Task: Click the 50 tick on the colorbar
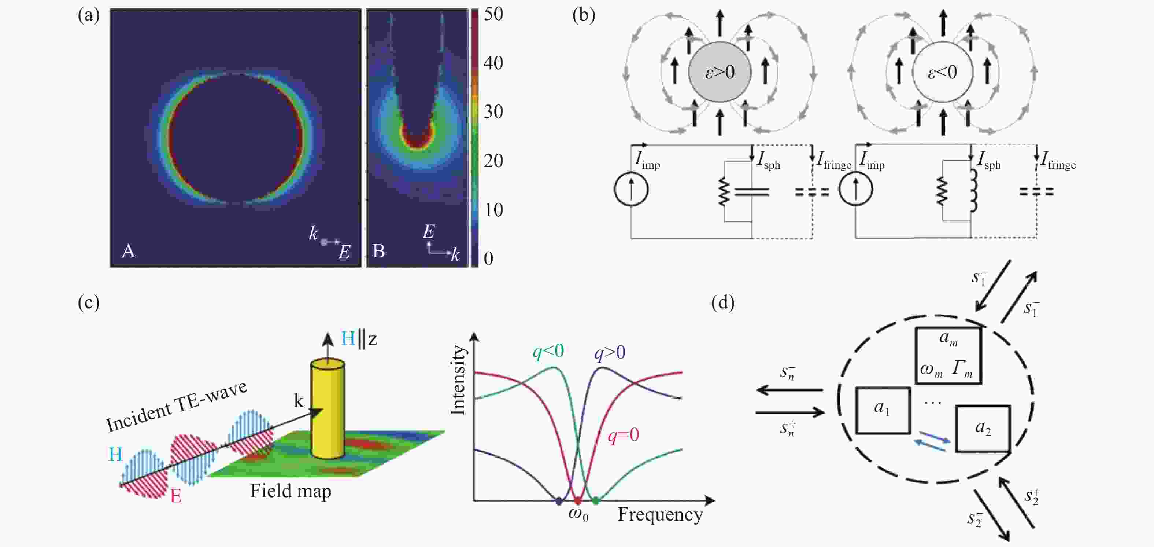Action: tap(493, 14)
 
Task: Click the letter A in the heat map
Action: tap(129, 251)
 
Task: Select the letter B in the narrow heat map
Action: tap(378, 251)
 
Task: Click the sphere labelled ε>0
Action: tap(720, 72)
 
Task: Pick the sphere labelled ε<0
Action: tap(943, 72)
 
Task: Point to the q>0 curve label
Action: tap(610, 353)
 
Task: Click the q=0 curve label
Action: tap(623, 435)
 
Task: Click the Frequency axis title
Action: tap(660, 515)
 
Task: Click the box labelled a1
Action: tap(883, 411)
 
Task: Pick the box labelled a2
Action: tap(983, 429)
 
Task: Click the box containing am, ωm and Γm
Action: tap(948, 356)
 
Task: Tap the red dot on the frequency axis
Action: tap(577, 501)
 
